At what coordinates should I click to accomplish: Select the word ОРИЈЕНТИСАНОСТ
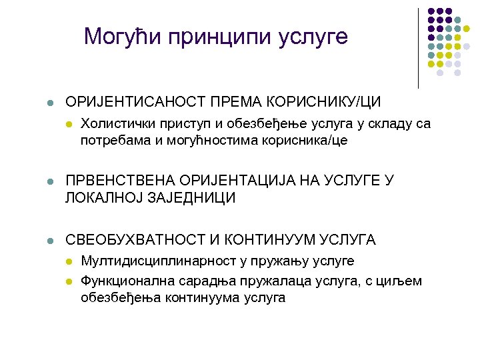[135, 102]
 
